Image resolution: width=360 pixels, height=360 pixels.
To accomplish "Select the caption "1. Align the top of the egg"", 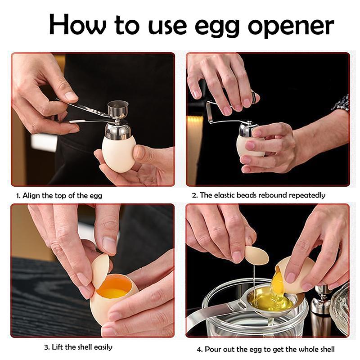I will tap(59, 196).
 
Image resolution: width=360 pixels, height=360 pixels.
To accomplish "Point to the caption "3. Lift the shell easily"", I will tap(78, 347).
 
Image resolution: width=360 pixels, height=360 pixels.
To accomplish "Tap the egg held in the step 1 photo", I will tap(118, 153).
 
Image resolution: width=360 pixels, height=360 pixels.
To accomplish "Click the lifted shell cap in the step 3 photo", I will tap(100, 270).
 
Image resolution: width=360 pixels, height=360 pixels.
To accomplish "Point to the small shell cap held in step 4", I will tap(256, 255).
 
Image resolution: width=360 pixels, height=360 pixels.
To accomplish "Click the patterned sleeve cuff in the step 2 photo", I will tap(342, 103).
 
